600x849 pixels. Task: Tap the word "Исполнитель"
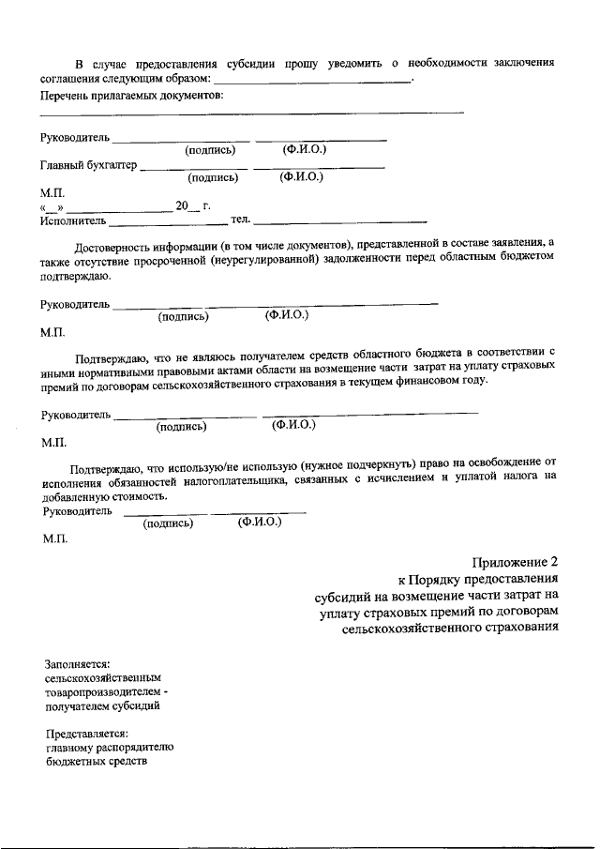(x=73, y=221)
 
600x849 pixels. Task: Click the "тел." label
(x=240, y=220)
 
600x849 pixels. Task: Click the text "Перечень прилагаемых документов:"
(x=132, y=96)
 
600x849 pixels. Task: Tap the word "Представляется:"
(x=86, y=733)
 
